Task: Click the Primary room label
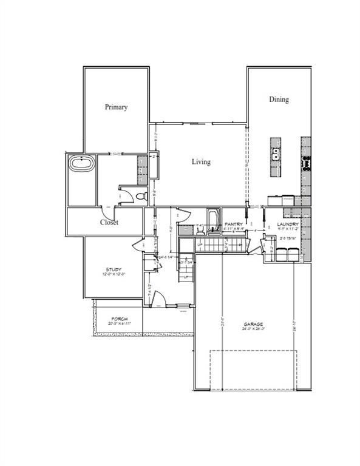tap(116, 107)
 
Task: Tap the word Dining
tap(279, 100)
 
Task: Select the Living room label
tap(201, 162)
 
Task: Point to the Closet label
tap(109, 222)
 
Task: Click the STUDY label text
tap(114, 269)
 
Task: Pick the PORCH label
tap(118, 319)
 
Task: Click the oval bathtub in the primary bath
tap(81, 163)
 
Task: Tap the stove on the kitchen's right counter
tap(307, 162)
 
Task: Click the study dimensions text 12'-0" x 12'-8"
tap(114, 274)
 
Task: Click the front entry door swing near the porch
tap(157, 299)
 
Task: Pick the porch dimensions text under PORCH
tap(118, 323)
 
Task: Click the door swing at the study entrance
tap(138, 244)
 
